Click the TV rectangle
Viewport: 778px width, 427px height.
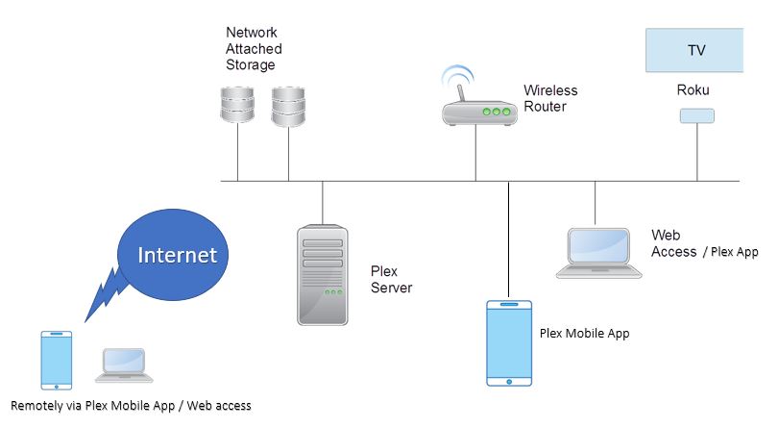694,50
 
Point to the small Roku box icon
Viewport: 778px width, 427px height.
696,115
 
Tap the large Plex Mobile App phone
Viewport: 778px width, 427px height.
509,342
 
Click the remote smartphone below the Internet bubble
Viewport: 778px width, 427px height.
57,361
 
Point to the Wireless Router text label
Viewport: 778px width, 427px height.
550,98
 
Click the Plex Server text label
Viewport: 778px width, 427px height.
391,279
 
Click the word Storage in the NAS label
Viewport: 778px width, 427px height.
250,65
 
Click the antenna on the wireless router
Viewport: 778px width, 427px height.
459,92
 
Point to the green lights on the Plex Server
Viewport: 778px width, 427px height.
332,291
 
